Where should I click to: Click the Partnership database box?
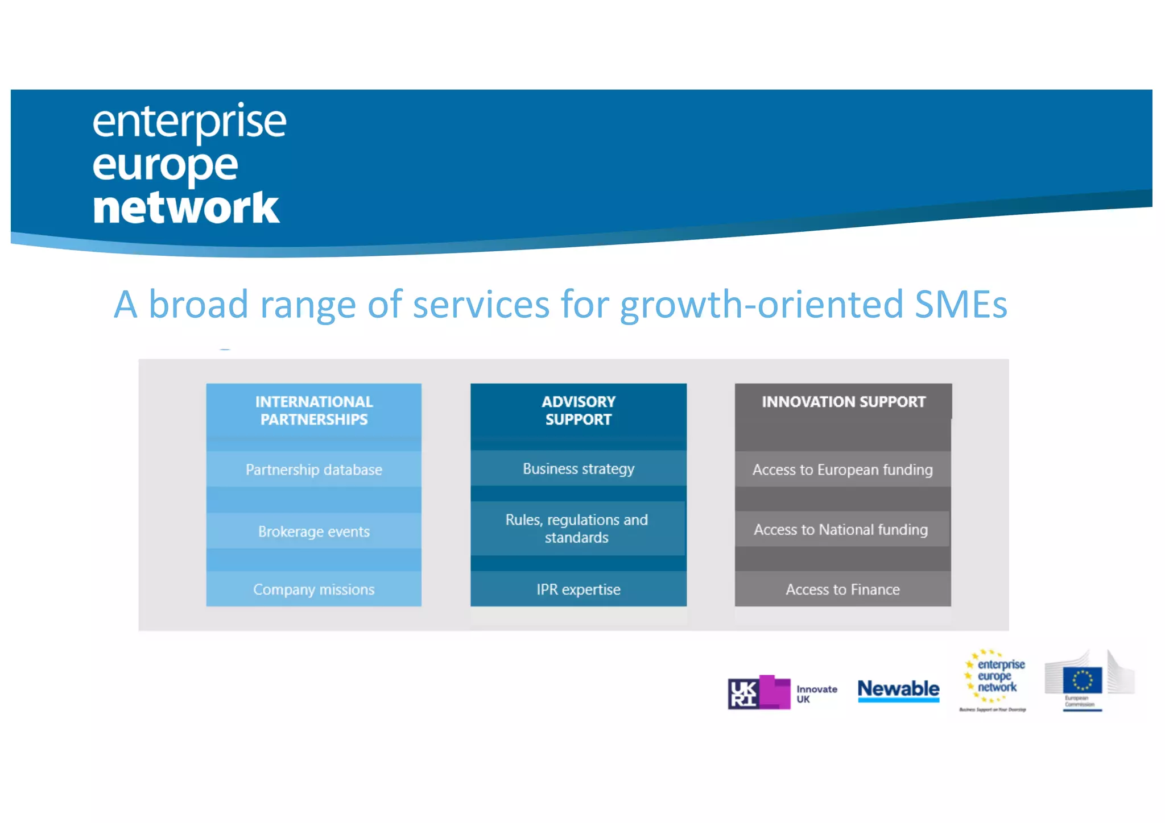(313, 469)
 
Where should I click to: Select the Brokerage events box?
(313, 531)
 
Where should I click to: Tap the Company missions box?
(313, 589)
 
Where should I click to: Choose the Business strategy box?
(578, 469)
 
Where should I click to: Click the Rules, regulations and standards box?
(577, 529)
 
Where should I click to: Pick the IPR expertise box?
(578, 589)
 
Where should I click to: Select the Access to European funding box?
(842, 469)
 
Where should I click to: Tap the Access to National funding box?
(841, 530)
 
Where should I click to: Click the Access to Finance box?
(842, 589)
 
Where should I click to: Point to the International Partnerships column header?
(313, 410)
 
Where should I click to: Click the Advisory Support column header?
(578, 410)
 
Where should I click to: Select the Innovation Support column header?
(843, 402)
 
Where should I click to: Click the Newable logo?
(898, 689)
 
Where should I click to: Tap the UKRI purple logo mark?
(759, 693)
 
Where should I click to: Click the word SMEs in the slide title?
(961, 304)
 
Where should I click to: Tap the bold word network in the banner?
(186, 208)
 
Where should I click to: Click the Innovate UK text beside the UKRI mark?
(816, 694)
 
